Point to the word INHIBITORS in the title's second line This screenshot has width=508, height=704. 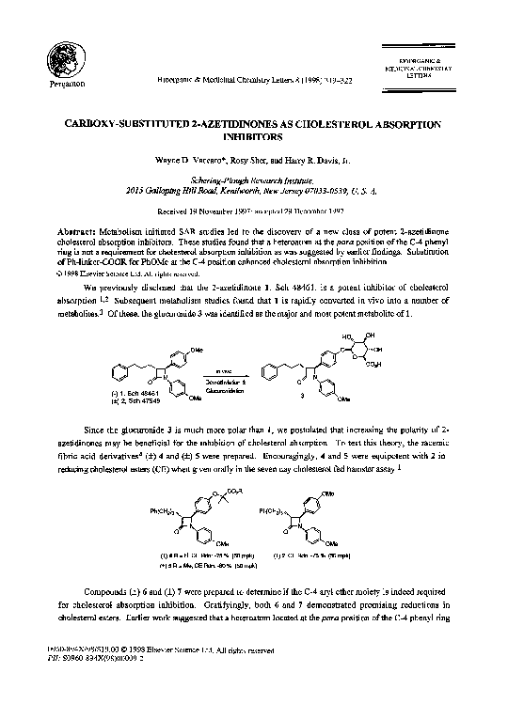254,137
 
